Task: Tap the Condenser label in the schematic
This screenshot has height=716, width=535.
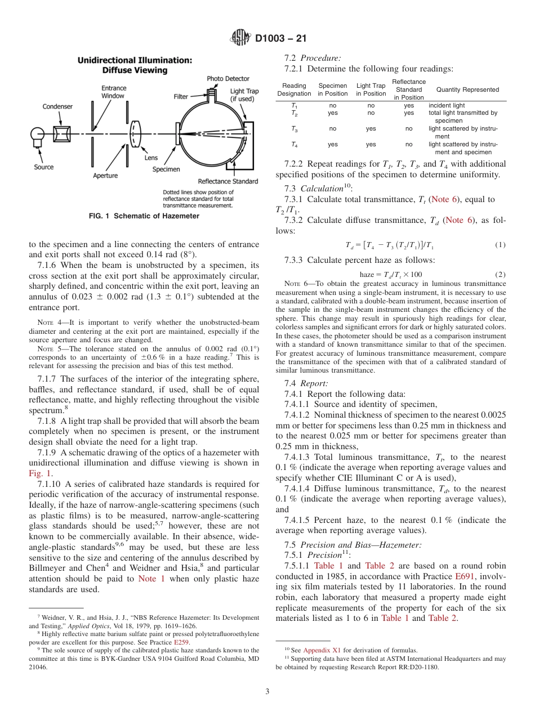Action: pos(57,106)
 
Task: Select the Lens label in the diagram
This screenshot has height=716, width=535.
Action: pos(151,158)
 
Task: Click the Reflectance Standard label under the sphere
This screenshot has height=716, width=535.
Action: pos(228,181)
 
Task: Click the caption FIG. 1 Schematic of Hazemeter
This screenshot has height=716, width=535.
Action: pos(144,216)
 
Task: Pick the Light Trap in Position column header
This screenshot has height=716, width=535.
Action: pos(371,89)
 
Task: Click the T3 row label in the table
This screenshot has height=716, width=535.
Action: pos(295,128)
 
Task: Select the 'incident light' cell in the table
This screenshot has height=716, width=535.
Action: pos(447,105)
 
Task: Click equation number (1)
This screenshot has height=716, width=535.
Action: pos(501,245)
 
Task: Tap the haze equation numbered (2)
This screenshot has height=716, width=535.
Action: pos(390,274)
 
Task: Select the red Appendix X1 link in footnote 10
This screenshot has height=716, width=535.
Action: pos(319,650)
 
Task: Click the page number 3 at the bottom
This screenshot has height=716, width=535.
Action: pos(267,691)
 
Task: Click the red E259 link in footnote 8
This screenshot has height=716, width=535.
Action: pos(181,642)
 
